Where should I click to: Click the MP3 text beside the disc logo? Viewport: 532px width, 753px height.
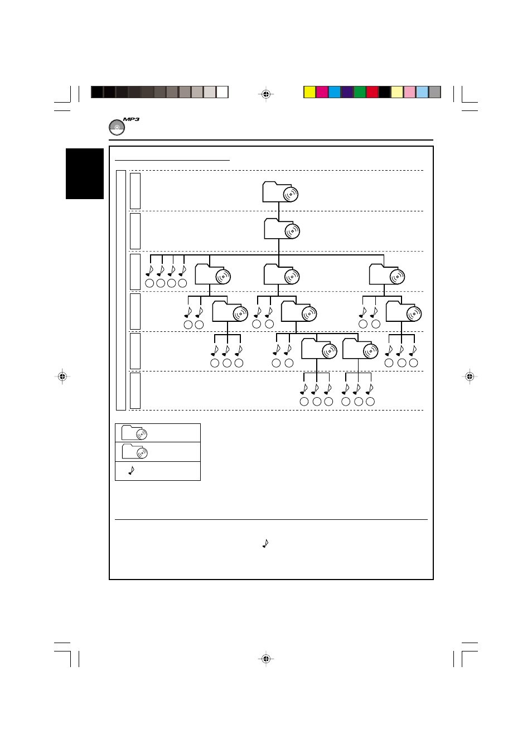point(131,119)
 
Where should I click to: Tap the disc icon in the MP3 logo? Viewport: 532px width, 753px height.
point(117,128)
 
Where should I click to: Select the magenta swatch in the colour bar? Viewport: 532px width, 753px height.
point(322,92)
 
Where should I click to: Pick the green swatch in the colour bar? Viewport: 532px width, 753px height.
point(360,92)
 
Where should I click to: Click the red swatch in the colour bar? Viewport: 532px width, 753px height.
point(372,92)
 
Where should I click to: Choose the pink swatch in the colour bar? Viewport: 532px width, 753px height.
point(409,92)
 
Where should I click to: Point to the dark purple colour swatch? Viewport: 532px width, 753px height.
point(347,92)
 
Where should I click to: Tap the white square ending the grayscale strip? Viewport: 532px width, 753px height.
point(223,92)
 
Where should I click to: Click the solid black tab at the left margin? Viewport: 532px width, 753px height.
point(85,173)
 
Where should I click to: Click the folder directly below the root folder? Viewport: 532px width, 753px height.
point(282,229)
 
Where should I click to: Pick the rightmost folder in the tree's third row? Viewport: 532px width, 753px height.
point(386,275)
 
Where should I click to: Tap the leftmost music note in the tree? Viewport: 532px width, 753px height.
point(149,271)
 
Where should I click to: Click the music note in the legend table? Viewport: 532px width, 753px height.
point(132,471)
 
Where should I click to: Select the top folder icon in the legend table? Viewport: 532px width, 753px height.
point(134,433)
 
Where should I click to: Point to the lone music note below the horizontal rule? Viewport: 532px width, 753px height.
point(265,543)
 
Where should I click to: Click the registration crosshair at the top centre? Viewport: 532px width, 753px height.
point(266,94)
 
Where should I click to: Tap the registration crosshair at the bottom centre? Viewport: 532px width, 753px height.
point(266,659)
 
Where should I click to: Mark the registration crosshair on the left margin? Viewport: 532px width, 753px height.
point(62,376)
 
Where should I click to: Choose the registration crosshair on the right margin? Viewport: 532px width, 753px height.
point(470,376)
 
